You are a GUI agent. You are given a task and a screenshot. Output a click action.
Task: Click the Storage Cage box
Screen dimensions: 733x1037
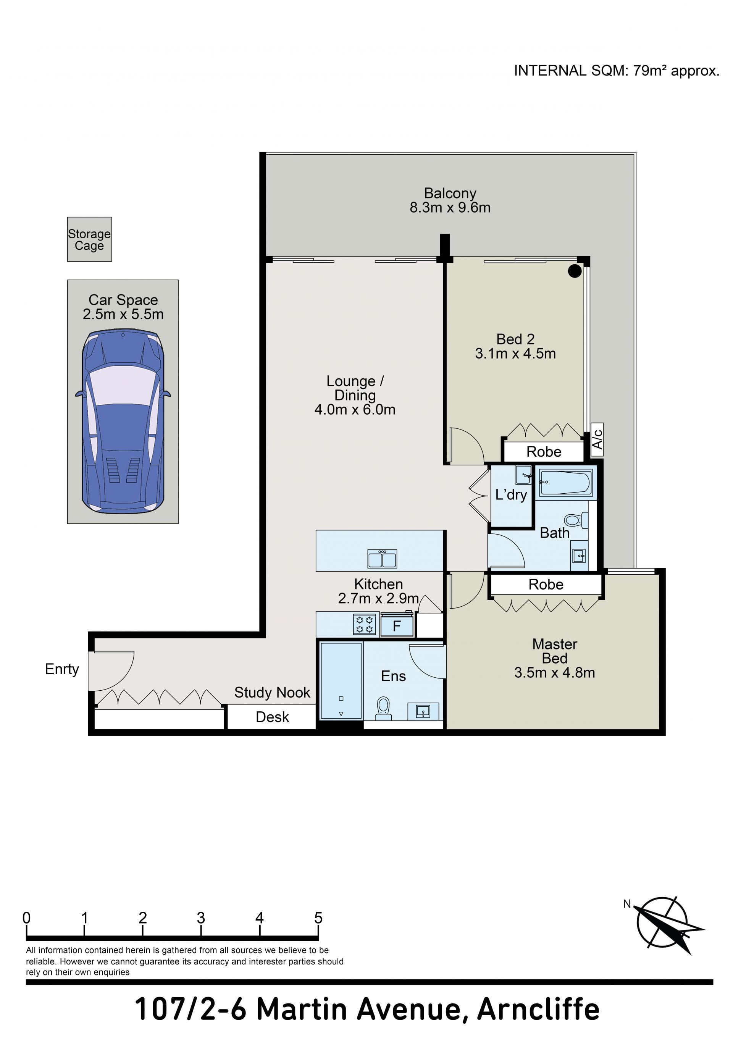pyautogui.click(x=89, y=239)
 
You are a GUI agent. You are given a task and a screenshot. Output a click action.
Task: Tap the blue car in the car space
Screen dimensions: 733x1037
pyautogui.click(x=123, y=421)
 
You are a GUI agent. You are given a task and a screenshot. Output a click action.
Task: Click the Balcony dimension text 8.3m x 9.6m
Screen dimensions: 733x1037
pyautogui.click(x=450, y=207)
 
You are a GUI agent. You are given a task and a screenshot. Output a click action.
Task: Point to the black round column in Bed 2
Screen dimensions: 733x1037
pyautogui.click(x=575, y=271)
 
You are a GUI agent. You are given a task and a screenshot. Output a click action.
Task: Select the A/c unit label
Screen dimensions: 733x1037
pyautogui.click(x=597, y=439)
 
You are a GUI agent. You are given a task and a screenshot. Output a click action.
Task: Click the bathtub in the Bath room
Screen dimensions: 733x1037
pyautogui.click(x=565, y=482)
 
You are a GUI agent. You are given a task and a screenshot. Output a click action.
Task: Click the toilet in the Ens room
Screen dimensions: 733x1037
pyautogui.click(x=383, y=708)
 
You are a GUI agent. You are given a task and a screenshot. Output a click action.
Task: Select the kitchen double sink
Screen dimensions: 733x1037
pyautogui.click(x=382, y=559)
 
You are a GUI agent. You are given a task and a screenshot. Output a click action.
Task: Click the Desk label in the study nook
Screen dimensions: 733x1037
pyautogui.click(x=272, y=717)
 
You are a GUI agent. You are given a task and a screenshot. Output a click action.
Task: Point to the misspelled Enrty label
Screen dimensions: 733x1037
pyautogui.click(x=62, y=669)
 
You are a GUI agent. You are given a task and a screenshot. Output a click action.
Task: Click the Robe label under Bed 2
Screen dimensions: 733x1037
pyautogui.click(x=544, y=452)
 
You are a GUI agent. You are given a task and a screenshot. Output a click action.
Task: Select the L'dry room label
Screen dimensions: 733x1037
pyautogui.click(x=511, y=494)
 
